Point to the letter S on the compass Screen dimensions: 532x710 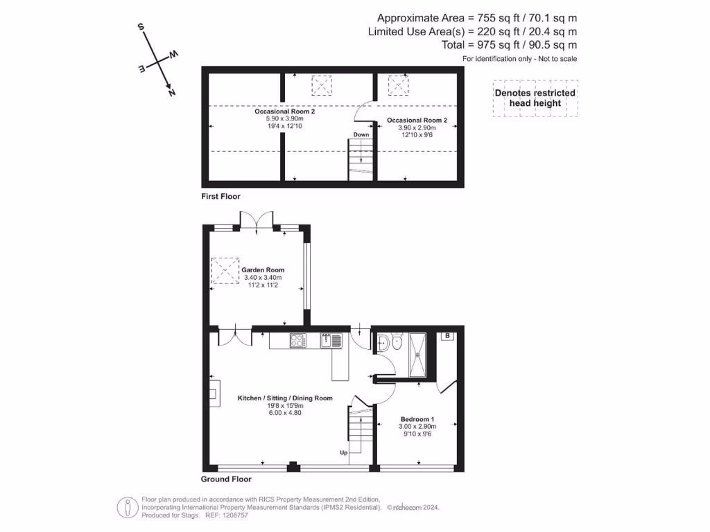click(x=141, y=27)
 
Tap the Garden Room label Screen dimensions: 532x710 click(x=263, y=270)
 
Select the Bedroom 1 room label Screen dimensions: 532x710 click(x=417, y=419)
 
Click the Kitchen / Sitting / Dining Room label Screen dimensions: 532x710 click(x=285, y=398)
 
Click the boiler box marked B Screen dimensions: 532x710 click(x=448, y=337)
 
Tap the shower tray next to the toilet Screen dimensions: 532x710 click(x=419, y=355)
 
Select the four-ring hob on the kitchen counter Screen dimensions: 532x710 click(x=298, y=340)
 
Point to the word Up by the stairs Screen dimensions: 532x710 click(x=343, y=453)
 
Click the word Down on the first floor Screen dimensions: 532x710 click(x=361, y=134)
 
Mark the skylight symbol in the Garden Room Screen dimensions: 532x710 click(x=223, y=270)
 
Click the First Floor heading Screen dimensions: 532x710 click(x=220, y=197)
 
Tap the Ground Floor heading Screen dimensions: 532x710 click(x=226, y=479)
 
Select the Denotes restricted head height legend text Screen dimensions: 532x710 click(x=535, y=98)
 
